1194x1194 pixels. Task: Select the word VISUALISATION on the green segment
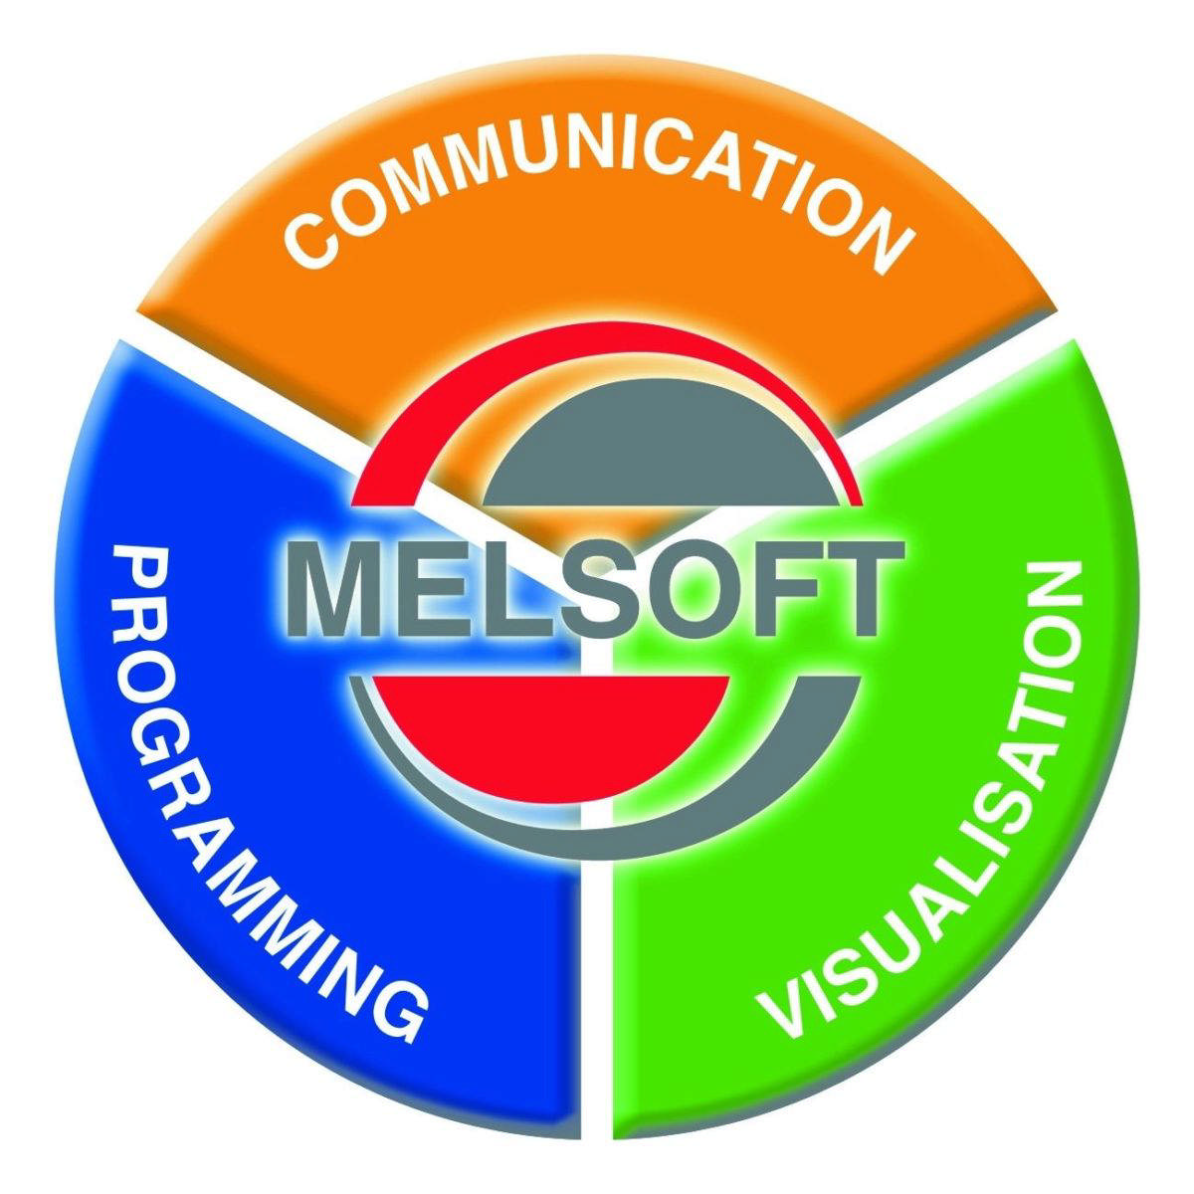923,799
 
